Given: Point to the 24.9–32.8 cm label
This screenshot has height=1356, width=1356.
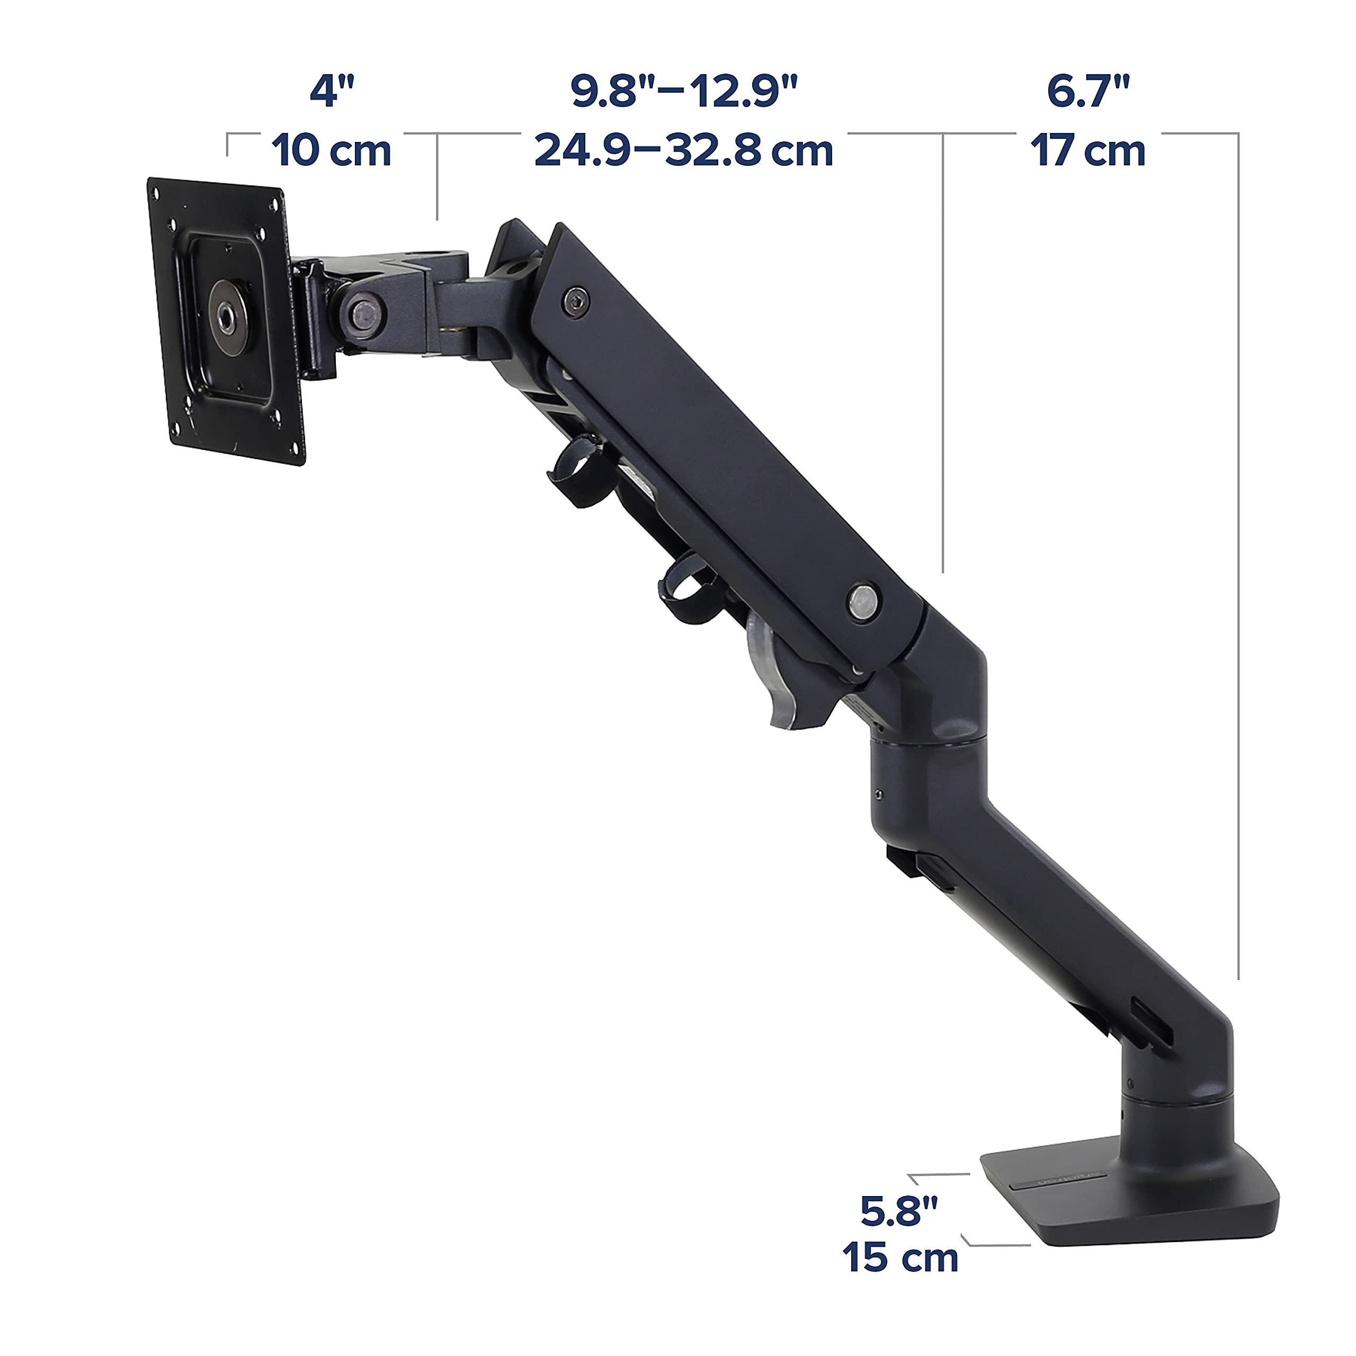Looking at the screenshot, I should (x=684, y=150).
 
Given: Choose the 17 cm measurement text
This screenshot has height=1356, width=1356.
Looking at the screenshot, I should (x=1088, y=150).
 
